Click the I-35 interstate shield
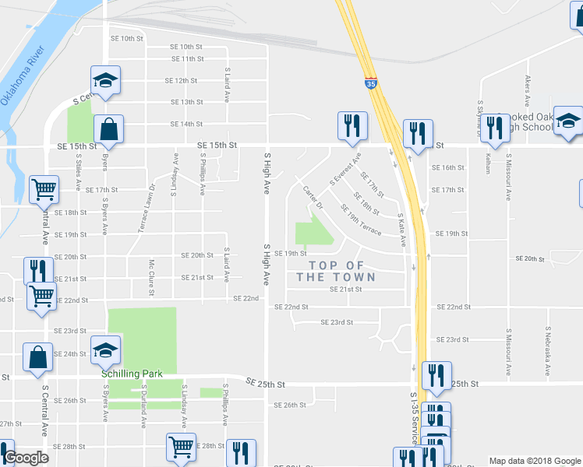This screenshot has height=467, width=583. [x=370, y=81]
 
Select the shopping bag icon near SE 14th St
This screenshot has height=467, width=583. [x=108, y=129]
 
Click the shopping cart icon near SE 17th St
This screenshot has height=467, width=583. [x=44, y=189]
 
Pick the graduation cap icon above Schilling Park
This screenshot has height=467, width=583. [x=105, y=349]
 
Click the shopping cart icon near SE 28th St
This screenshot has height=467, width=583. [x=181, y=447]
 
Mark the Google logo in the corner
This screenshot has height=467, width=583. [x=26, y=458]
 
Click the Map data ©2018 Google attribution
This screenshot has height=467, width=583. [x=534, y=461]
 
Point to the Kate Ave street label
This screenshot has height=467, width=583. [x=402, y=230]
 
